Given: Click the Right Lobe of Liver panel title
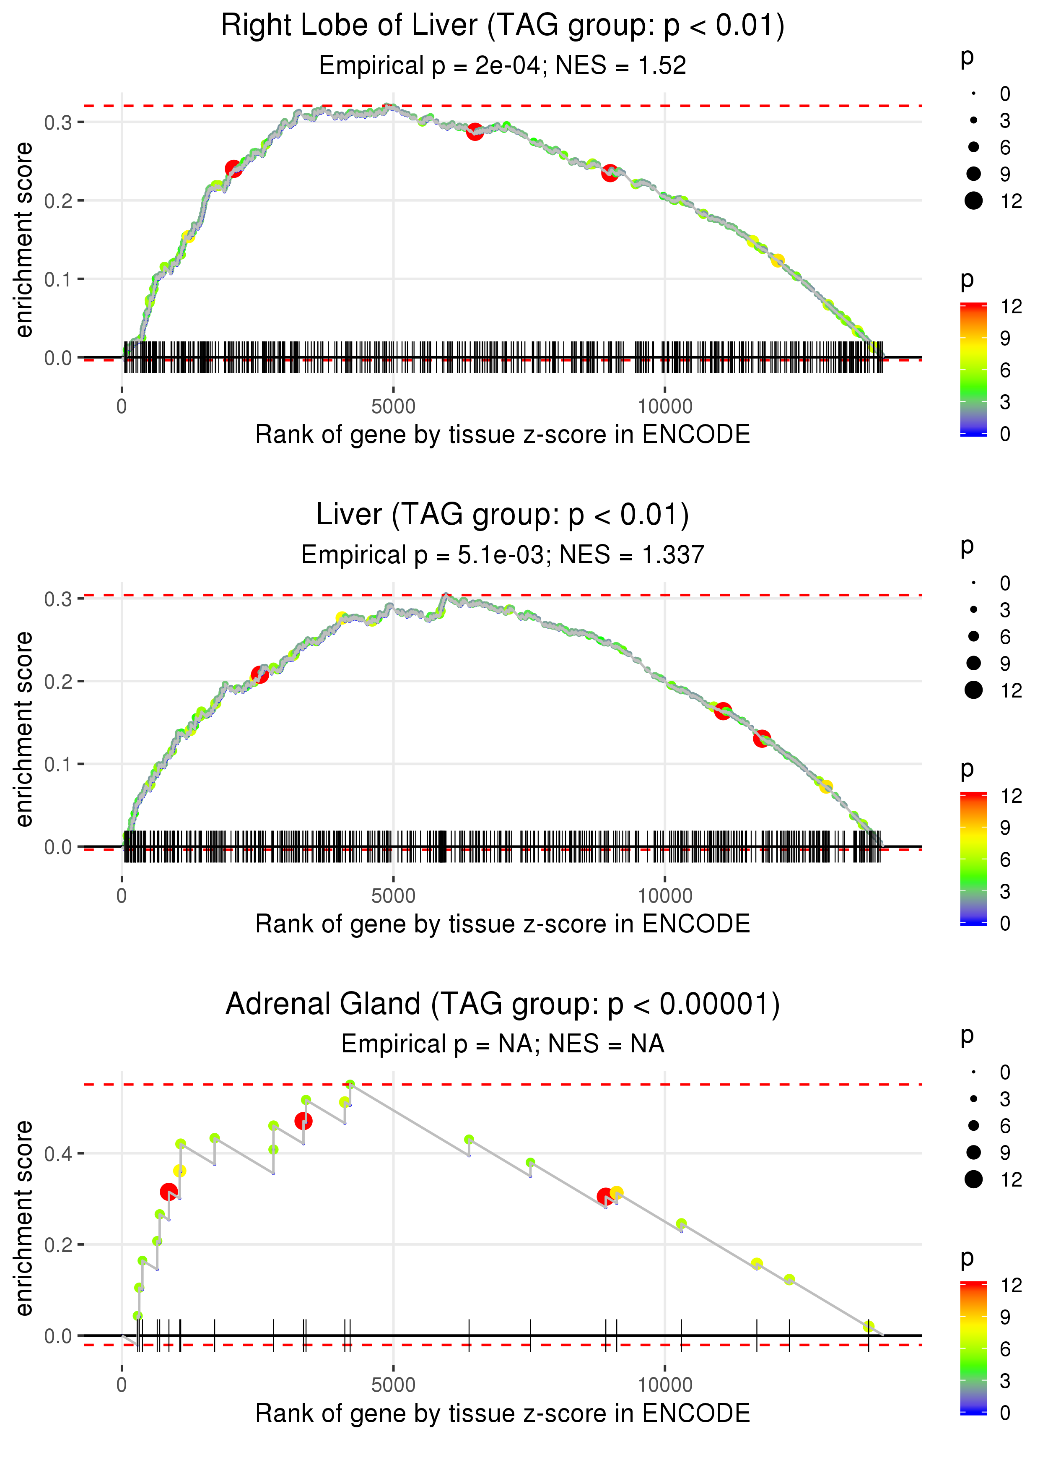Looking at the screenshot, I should [503, 26].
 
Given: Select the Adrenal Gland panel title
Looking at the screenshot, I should [503, 1004].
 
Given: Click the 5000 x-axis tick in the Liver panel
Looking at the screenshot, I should [393, 896].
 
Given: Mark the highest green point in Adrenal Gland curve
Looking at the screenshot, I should [350, 1085].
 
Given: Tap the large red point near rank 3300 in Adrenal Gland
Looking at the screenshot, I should [304, 1121].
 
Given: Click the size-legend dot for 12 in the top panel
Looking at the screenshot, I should [973, 201].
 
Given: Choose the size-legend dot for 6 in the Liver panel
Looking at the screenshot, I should [973, 637].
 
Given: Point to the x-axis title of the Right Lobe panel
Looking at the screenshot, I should [503, 435].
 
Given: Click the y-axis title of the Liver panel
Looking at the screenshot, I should [24, 729].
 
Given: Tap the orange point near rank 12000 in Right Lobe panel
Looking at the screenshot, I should [778, 261].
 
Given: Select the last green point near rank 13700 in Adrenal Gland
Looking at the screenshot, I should [869, 1327].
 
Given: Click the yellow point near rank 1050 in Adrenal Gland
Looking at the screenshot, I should [179, 1171].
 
